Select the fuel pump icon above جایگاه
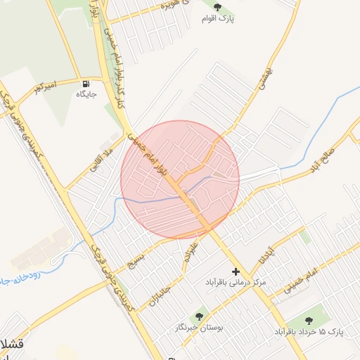tap(86, 82)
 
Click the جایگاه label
tap(86, 94)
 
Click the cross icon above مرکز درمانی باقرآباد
tap(236, 271)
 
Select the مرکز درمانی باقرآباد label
tap(236, 282)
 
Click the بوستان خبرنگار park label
tap(200, 328)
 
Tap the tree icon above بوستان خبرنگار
tap(200, 316)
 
